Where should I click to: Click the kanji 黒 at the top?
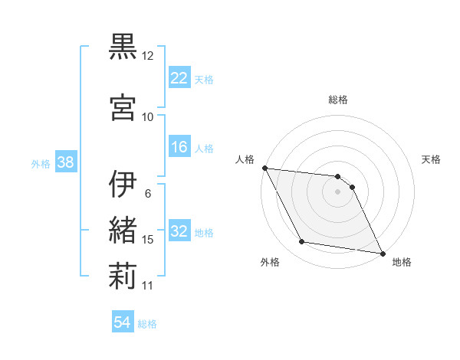pos(122,47)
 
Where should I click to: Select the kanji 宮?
pos(122,106)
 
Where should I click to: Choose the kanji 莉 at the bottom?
pos(122,275)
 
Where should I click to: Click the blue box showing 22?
pos(179,77)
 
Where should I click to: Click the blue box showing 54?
pos(122,322)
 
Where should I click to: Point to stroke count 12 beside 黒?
pos(148,56)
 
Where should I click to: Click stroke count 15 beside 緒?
pos(148,240)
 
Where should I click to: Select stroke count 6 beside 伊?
pos(147,193)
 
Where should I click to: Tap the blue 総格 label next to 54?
pos(147,324)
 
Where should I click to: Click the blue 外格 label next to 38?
pos(41,163)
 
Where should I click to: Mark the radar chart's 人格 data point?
pos(264,168)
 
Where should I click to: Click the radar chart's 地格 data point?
pos(382,253)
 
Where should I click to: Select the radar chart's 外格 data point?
pos(302,242)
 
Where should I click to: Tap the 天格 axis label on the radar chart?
pos(431,159)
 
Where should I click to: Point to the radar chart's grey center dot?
pos(337,191)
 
